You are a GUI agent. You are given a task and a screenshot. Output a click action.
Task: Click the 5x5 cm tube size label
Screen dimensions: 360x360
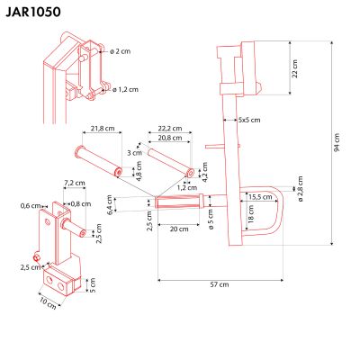(249, 120)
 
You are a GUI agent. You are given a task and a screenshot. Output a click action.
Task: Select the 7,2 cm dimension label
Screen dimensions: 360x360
(74, 183)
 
